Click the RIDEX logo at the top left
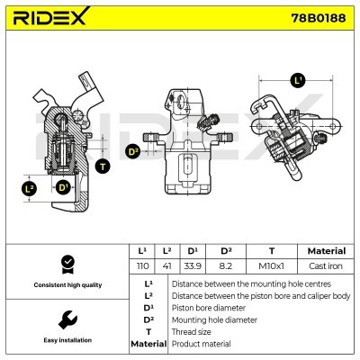tap(49, 18)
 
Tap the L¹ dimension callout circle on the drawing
tap(299, 80)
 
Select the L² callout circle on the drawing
tap(29, 188)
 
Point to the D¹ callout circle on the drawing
tap(63, 188)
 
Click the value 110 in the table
tap(141, 267)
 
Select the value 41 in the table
tap(166, 267)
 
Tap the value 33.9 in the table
tap(193, 267)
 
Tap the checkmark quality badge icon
tap(65, 263)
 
